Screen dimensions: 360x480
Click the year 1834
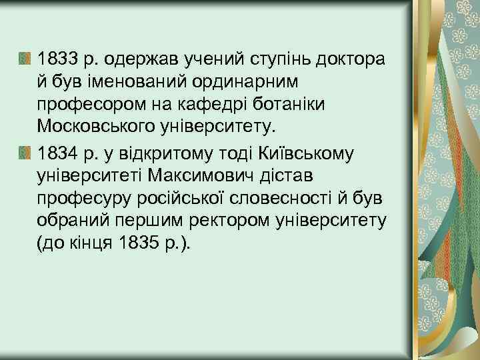click(x=58, y=154)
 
